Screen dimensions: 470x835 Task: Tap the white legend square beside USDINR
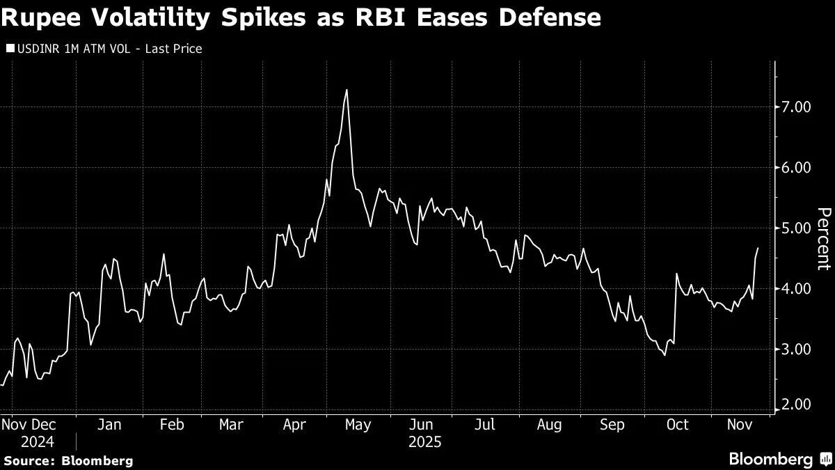tap(9, 49)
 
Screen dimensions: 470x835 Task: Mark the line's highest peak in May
tap(347, 90)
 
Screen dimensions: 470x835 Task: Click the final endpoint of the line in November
tap(758, 248)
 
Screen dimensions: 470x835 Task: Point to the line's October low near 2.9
tap(665, 355)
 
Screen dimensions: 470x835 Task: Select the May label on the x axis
tap(358, 425)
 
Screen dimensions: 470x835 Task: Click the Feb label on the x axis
tap(172, 425)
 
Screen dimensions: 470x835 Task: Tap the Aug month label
tap(550, 425)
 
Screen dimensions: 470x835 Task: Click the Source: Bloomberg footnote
tap(68, 460)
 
